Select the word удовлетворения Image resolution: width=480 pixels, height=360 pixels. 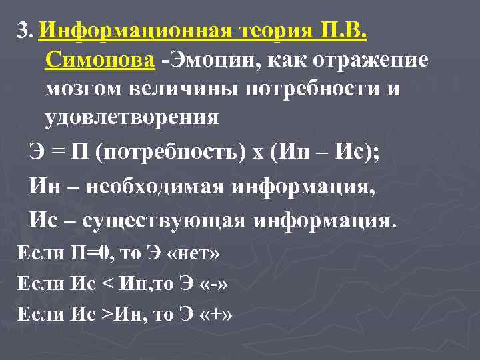[x=131, y=119]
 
